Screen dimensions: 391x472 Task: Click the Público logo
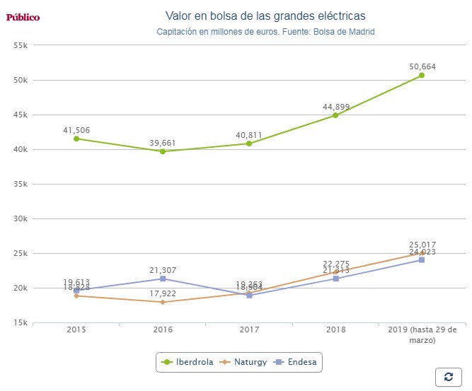coord(23,17)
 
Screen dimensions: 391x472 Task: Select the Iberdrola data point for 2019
coord(421,75)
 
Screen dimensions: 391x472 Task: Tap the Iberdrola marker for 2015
coord(76,139)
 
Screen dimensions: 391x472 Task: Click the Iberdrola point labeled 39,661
coord(163,151)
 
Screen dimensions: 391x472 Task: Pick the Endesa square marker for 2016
coord(163,279)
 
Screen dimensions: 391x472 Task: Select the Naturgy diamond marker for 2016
coord(163,302)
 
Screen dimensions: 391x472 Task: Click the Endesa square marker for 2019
coord(421,259)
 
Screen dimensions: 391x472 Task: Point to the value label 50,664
coord(422,66)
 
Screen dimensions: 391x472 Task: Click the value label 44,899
coord(335,107)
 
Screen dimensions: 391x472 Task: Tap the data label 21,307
coord(163,270)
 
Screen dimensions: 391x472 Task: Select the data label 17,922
coord(163,293)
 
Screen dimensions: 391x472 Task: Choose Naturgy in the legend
coord(243,362)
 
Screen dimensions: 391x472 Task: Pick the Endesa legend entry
coord(297,362)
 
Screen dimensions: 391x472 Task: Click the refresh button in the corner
coord(448,377)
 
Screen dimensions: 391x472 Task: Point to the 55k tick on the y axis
coord(20,45)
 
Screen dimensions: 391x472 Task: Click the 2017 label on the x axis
coord(249,330)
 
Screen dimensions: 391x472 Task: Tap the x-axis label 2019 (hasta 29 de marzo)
coord(422,334)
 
